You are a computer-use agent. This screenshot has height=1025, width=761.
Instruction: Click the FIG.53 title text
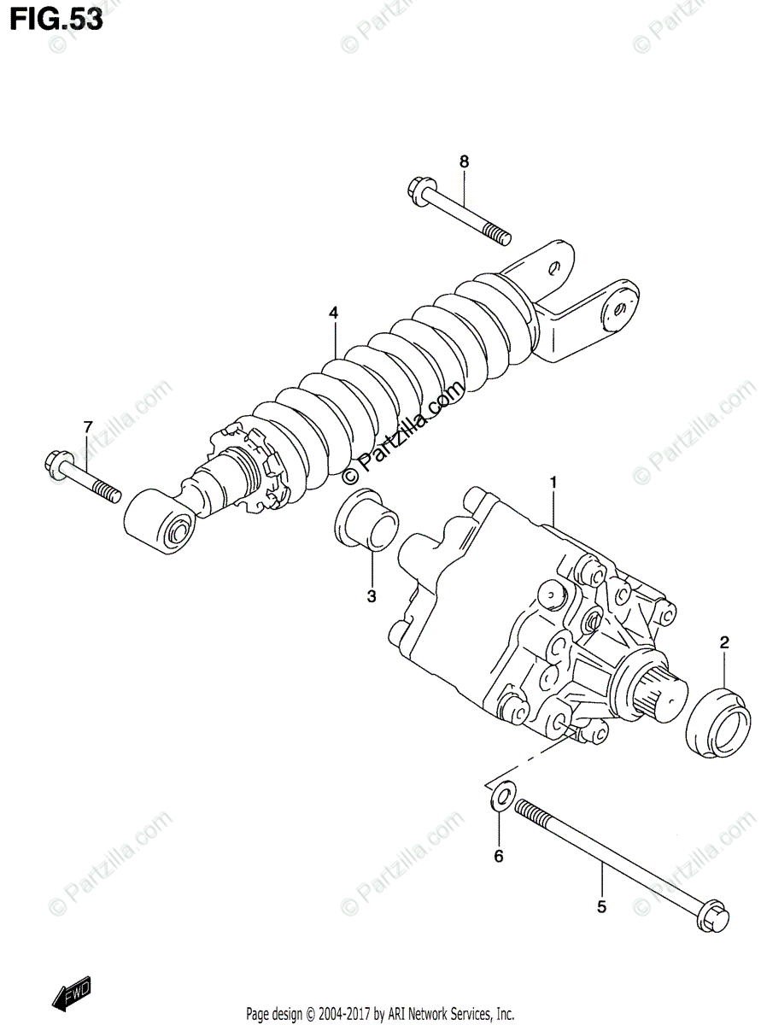[x=56, y=19]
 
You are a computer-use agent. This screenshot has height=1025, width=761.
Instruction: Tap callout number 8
[x=464, y=161]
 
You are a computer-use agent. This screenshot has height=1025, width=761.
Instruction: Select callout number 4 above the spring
[x=333, y=313]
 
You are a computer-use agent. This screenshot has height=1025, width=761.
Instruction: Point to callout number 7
[x=86, y=426]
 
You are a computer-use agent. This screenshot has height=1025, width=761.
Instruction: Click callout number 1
[x=553, y=483]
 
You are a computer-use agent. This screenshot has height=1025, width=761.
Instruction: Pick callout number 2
[x=723, y=642]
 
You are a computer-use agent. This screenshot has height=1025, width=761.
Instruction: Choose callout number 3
[x=372, y=597]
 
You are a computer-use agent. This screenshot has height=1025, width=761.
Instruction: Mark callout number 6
[x=500, y=855]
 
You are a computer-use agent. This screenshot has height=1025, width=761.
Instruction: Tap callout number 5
[x=601, y=907]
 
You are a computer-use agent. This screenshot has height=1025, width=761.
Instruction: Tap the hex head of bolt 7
[x=55, y=465]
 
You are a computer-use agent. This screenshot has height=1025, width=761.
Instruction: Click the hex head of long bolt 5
[x=714, y=928]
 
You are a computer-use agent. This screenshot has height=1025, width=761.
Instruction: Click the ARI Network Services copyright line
[x=380, y=1014]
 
